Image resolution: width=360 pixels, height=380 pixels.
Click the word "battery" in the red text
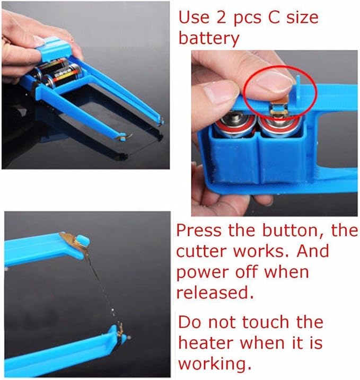coord(209,39)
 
